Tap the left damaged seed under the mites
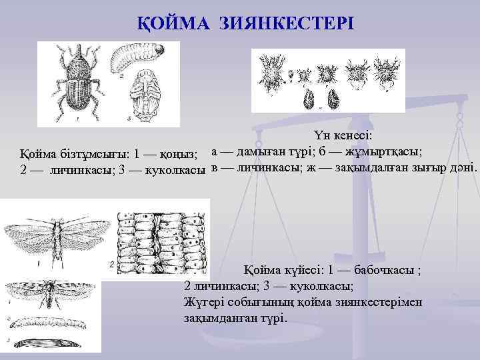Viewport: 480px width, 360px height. [309, 99]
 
